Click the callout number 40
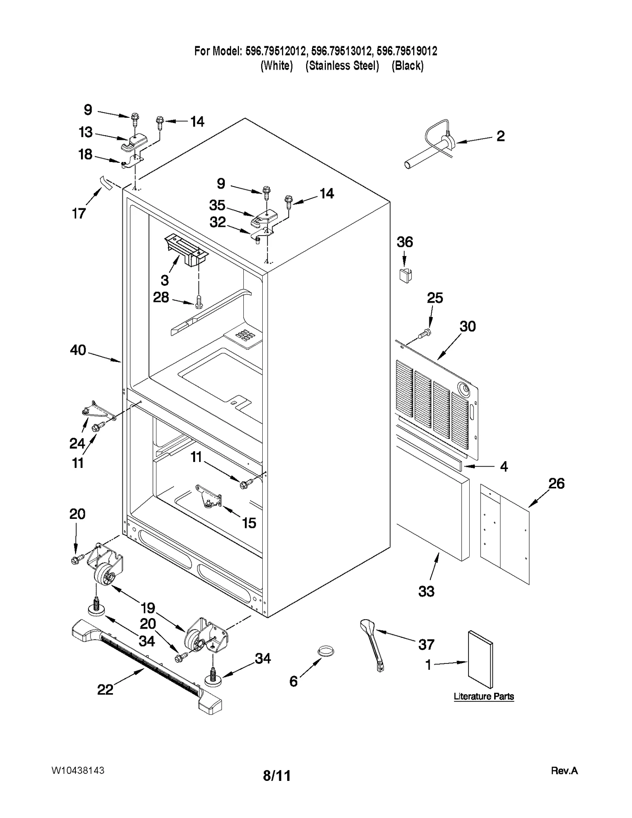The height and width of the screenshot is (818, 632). (78, 350)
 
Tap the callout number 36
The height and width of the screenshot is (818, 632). (404, 242)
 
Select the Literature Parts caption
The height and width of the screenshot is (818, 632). (483, 696)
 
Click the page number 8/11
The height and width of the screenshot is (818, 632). (276, 776)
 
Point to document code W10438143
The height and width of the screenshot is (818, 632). (78, 770)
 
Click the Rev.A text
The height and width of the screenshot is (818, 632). (564, 771)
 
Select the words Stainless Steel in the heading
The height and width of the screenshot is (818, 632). (342, 66)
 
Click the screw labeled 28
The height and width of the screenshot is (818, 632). (199, 302)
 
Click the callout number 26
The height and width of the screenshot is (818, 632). (556, 483)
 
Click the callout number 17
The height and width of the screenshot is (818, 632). (79, 213)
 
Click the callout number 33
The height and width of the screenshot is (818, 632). (426, 591)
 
